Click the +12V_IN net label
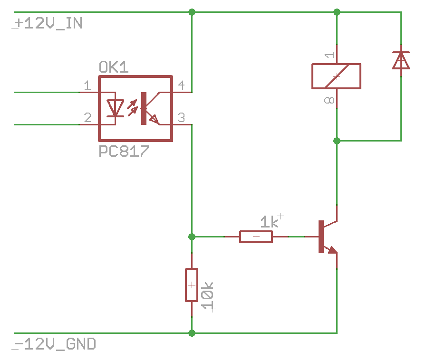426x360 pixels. point(49,23)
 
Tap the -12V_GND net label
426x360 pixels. point(55,344)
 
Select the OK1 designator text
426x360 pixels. point(114,67)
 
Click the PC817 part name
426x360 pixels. point(124,151)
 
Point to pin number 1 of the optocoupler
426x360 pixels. point(87,86)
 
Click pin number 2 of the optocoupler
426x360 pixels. point(87,118)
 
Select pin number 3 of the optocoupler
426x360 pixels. point(181,118)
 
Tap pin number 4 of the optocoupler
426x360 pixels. point(181,85)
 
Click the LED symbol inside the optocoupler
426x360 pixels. point(116,108)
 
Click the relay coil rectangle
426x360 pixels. point(336,76)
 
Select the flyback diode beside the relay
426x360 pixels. point(401,60)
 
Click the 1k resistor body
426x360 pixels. point(256,237)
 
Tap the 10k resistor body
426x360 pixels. point(192,285)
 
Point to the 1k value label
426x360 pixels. point(269,222)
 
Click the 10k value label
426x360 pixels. point(207,295)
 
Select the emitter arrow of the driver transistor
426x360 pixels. point(332,250)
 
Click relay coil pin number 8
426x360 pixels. point(329,101)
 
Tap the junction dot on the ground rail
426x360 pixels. point(192,333)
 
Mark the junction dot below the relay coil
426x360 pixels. point(337,141)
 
